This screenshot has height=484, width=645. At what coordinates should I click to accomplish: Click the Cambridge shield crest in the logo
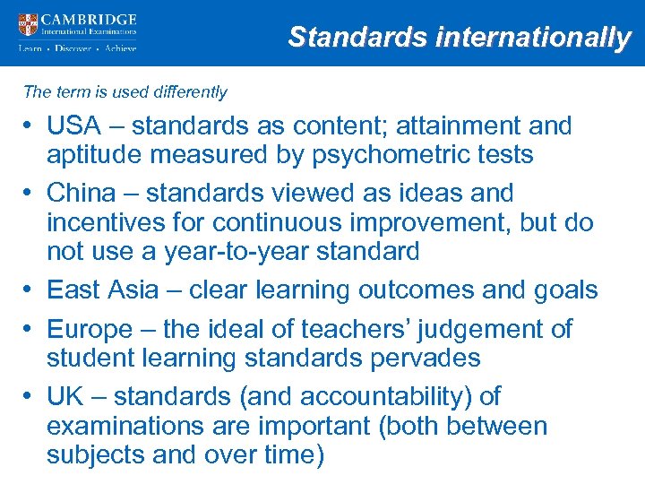click(x=28, y=25)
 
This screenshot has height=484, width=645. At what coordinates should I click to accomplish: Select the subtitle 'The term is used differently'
click(x=125, y=92)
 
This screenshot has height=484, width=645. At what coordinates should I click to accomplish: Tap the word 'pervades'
click(x=418, y=359)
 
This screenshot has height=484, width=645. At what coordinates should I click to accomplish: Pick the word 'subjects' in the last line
click(x=95, y=455)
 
